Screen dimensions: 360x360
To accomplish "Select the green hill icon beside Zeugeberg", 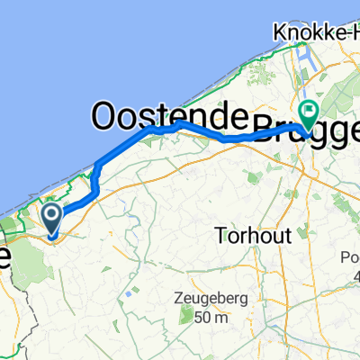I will [x=185, y=316].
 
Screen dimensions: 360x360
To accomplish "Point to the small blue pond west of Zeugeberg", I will [x=132, y=294].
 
